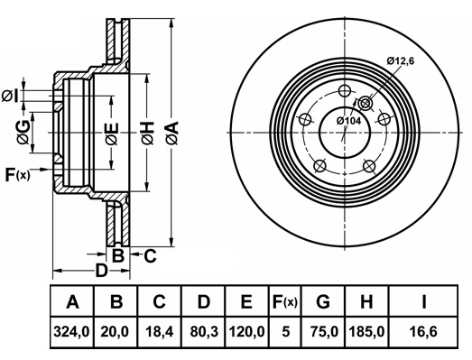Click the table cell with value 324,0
coord(71,332)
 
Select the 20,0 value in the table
coord(115,332)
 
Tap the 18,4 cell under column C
coord(159,332)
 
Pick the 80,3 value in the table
coord(204,332)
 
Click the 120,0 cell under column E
coord(247,332)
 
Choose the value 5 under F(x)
coord(286,332)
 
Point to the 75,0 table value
coord(324,332)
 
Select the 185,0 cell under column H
coord(366,332)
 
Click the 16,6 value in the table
coord(423,332)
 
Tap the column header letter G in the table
coord(323,301)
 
